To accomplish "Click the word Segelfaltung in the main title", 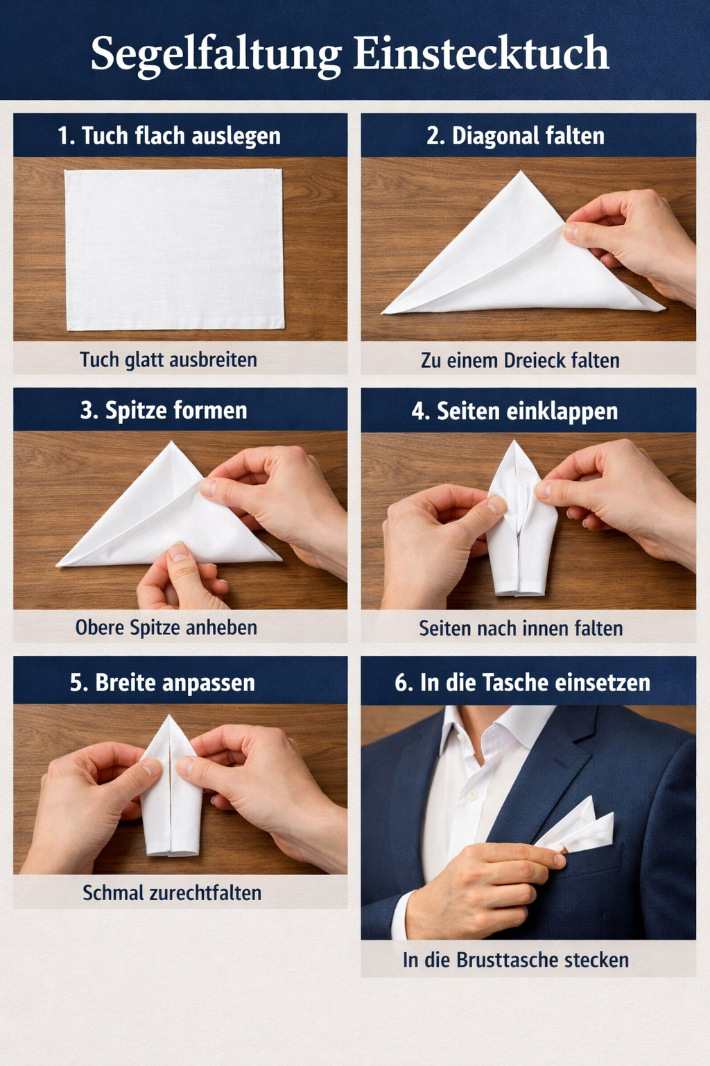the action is coord(216,54).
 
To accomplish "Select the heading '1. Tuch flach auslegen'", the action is coord(169,136).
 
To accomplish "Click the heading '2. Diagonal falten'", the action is coord(515,135).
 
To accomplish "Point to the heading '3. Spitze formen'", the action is coord(164,410).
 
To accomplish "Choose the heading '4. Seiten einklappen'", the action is coord(515,411).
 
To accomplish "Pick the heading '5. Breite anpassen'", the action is coord(163,682).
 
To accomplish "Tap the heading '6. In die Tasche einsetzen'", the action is coord(523,682).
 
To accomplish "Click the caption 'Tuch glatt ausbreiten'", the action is coord(168,359).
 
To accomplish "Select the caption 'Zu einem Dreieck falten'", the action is coord(520,360).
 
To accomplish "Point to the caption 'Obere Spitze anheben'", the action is coord(166,627).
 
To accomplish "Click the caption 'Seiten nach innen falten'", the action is coord(521,628).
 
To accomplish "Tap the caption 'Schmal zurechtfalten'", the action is coord(172,892).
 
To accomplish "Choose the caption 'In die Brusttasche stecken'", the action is coord(516,960).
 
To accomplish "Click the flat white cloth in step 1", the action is coord(174,249).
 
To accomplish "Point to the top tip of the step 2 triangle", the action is coord(521,171).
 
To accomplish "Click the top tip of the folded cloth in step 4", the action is coord(514,441).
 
